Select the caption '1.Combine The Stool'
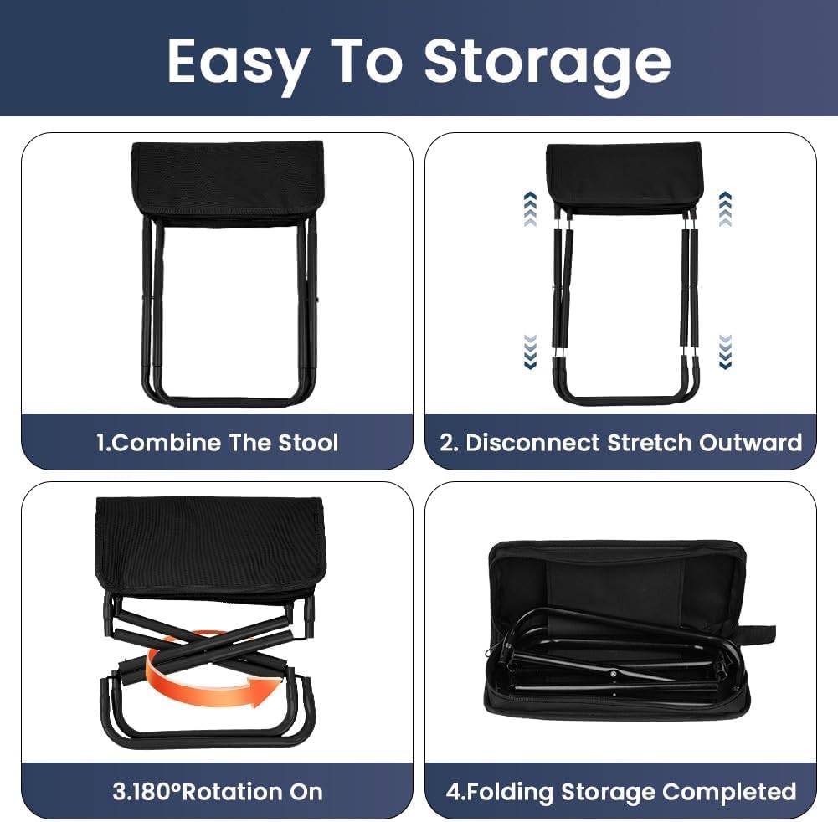pyautogui.click(x=217, y=441)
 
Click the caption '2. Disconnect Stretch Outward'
pyautogui.click(x=621, y=442)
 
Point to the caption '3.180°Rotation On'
pyautogui.click(x=218, y=791)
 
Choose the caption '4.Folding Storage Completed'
pyautogui.click(x=620, y=791)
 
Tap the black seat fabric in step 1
pyautogui.click(x=227, y=180)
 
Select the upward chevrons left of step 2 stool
pyautogui.click(x=530, y=209)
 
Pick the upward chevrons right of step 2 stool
pyautogui.click(x=725, y=209)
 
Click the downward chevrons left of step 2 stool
pyautogui.click(x=530, y=352)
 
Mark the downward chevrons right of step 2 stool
pyautogui.click(x=725, y=352)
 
